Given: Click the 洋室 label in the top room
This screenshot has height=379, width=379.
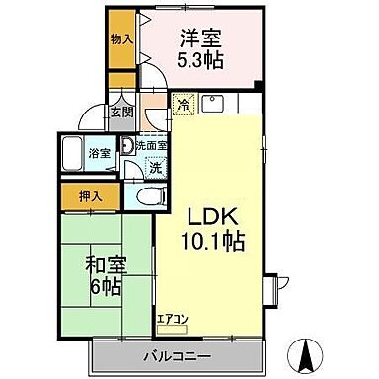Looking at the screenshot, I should [x=200, y=39].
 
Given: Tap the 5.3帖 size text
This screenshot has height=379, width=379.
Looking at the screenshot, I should [x=200, y=60].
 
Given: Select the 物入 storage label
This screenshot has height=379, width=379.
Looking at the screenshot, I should [x=120, y=40].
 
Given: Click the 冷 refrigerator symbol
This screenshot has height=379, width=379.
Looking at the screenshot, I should [x=183, y=102].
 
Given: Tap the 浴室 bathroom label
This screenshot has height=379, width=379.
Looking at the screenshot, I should [x=99, y=154].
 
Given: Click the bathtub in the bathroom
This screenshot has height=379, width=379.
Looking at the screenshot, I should [x=75, y=154].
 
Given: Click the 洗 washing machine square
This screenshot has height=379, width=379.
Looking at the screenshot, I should [x=156, y=167].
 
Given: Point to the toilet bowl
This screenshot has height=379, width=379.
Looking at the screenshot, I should [x=146, y=196].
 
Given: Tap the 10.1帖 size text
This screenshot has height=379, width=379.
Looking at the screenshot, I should [x=211, y=240].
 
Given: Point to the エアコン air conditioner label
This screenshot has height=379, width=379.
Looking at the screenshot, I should [x=171, y=318].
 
